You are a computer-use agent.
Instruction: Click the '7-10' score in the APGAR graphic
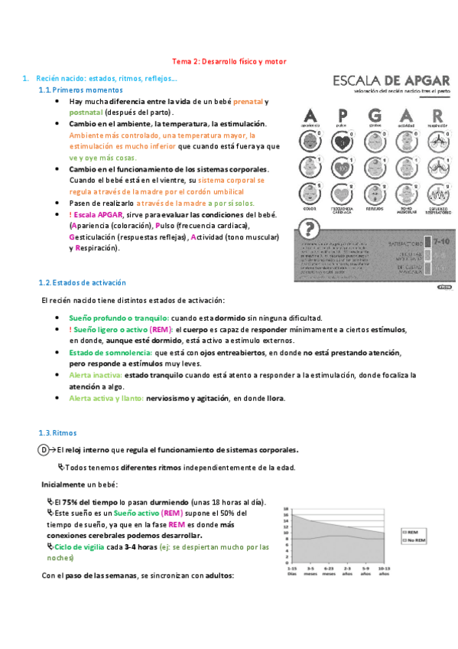coord(441,241)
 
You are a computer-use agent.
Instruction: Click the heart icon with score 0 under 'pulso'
coord(343,141)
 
